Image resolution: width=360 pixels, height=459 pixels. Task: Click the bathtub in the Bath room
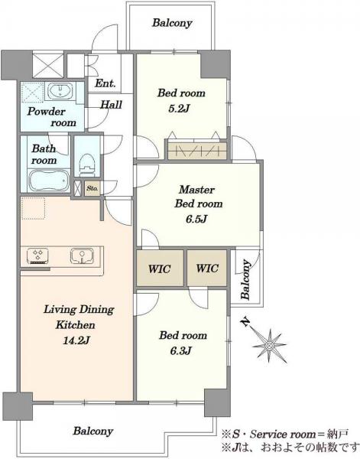[49, 181]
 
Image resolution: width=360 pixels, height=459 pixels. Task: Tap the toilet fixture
[87, 164]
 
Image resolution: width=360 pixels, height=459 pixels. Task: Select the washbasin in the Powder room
[60, 90]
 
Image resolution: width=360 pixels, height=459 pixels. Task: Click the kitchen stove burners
[37, 256]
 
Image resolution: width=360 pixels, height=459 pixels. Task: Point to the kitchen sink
[83, 256]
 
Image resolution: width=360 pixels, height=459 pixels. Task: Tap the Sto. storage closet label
[92, 188]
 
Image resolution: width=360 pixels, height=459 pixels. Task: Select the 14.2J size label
[76, 340]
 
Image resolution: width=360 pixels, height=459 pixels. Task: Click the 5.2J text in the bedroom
[180, 109]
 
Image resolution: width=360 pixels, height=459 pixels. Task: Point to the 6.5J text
[197, 219]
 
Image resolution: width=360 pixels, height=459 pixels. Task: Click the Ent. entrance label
[105, 83]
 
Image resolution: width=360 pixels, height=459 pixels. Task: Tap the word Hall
[111, 105]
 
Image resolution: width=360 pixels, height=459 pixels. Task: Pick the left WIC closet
[160, 268]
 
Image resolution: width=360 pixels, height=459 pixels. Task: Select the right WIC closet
[207, 268]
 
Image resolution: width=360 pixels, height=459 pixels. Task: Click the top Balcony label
[172, 23]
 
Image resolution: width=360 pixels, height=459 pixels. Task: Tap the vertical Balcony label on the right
[245, 279]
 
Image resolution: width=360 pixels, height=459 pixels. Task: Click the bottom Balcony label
[93, 431]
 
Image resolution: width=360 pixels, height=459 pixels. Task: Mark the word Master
[196, 190]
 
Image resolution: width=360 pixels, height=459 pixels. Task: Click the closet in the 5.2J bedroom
[197, 151]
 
